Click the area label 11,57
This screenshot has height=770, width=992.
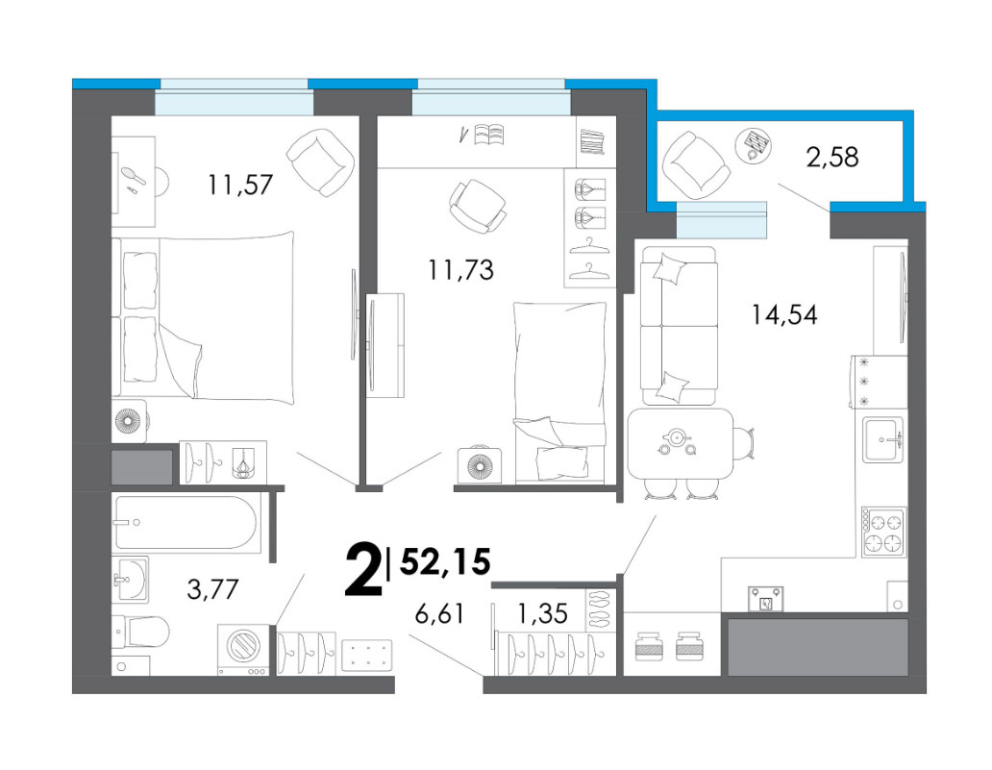tap(240, 185)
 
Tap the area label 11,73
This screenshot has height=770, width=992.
tap(460, 270)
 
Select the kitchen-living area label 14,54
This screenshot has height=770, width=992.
tap(783, 314)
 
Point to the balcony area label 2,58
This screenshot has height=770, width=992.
tap(831, 157)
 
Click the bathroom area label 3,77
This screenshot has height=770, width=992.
tap(212, 589)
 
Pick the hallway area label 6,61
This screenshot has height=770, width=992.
tap(439, 613)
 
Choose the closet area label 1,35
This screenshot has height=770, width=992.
tap(542, 613)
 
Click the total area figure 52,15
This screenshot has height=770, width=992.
tap(445, 561)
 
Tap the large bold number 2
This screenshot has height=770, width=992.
tap(363, 571)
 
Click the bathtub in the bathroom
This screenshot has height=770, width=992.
tap(186, 523)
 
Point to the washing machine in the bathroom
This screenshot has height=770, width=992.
tap(243, 650)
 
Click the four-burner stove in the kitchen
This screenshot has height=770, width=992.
tap(883, 532)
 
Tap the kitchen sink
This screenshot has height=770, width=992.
tap(883, 440)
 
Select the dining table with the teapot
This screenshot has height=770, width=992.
tap(681, 443)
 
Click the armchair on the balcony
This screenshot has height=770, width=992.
tap(696, 162)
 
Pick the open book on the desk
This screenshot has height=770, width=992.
tap(489, 135)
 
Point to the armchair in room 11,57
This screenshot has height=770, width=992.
tap(320, 161)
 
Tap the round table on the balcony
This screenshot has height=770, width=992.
tap(755, 145)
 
